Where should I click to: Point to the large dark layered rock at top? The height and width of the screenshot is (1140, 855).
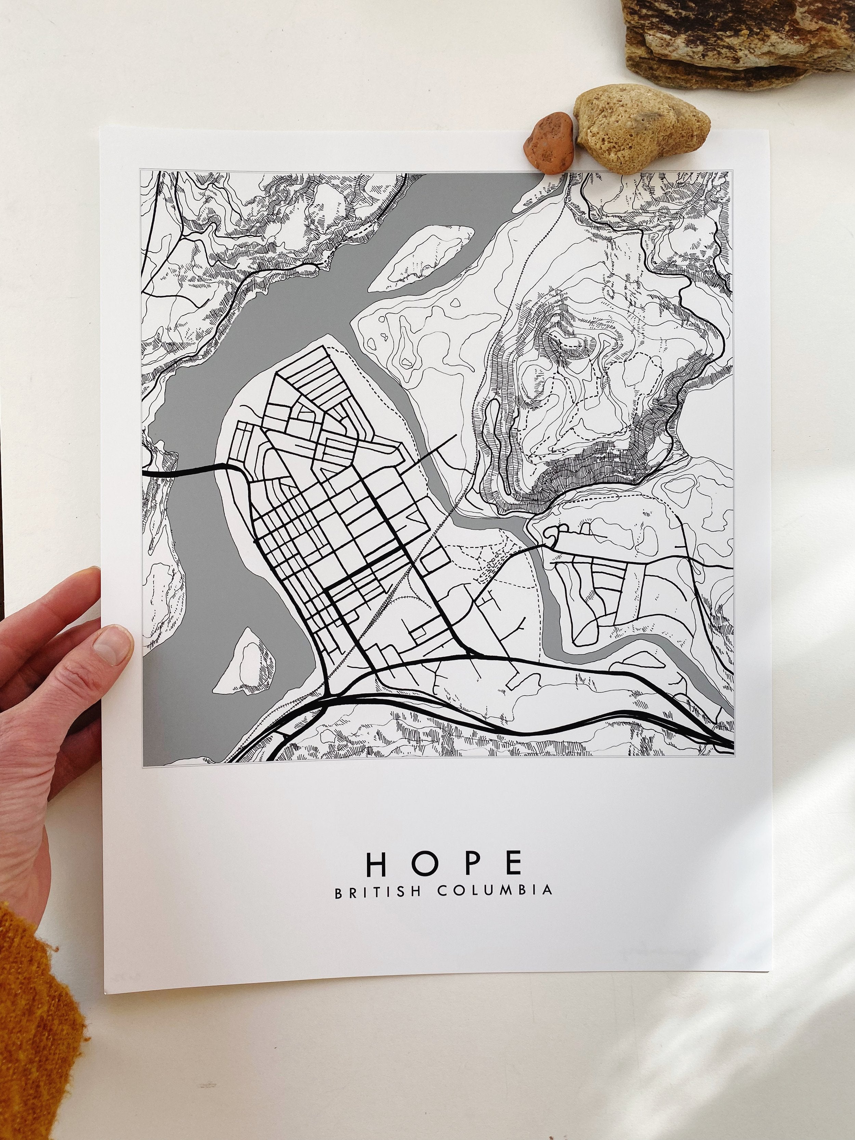point(737,41)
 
